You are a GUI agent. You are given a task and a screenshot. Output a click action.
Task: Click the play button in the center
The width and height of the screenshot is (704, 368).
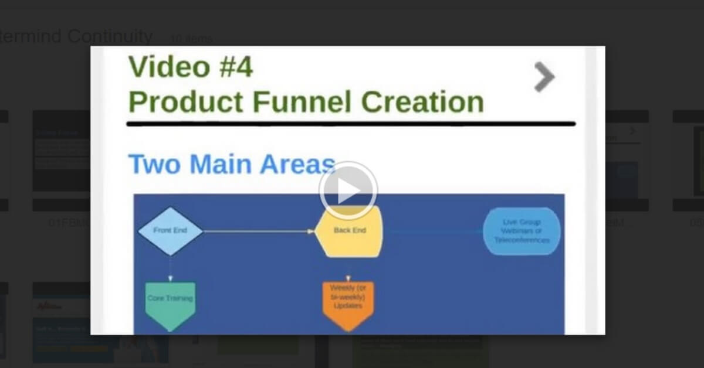tap(348, 190)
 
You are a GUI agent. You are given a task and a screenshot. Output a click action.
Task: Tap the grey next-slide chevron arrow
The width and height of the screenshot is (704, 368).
tap(544, 77)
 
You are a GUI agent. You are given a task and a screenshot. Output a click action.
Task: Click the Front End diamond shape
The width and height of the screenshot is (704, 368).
tap(170, 231)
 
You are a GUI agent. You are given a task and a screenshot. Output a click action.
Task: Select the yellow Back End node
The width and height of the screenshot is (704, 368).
tap(349, 231)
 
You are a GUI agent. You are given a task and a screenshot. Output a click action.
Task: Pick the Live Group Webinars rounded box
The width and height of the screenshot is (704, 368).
tap(522, 231)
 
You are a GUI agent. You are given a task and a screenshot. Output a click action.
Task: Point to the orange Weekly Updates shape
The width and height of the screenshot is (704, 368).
tap(348, 302)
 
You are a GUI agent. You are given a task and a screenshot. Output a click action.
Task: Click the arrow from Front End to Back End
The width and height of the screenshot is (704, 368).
tap(258, 231)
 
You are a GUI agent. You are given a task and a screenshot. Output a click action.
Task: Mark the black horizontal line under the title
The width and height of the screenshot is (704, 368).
tap(350, 124)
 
